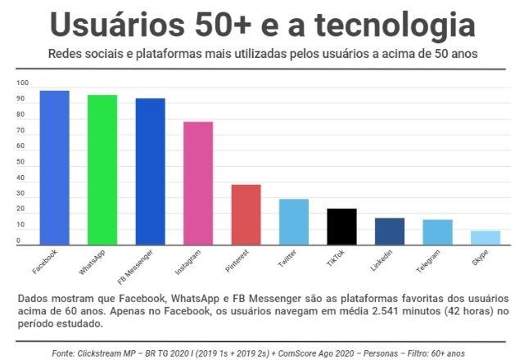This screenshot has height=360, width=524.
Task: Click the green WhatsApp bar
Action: tap(102, 170)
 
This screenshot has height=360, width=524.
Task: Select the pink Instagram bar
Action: tap(198, 183)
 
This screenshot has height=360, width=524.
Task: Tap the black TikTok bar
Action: tap(342, 227)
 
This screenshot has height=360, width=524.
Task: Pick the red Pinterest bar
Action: tap(246, 214)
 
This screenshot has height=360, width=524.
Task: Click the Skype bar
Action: tap(486, 238)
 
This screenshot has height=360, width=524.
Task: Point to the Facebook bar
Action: tap(55, 168)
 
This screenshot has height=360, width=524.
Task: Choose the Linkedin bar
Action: tap(390, 232)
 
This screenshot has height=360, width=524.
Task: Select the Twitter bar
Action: tap(294, 222)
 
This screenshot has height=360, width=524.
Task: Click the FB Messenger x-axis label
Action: tap(135, 267)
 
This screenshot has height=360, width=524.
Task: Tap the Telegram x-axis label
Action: tap(428, 262)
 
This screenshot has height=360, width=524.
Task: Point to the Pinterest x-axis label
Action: tap(237, 261)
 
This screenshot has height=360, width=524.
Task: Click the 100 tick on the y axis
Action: tap(22, 83)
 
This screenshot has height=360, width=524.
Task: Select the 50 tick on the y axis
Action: tap(20, 162)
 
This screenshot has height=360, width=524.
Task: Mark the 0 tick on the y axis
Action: tap(18, 241)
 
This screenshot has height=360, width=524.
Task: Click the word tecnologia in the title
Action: tap(395, 25)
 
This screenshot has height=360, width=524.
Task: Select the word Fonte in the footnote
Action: tap(63, 353)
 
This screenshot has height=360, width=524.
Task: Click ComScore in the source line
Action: tap(294, 353)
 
